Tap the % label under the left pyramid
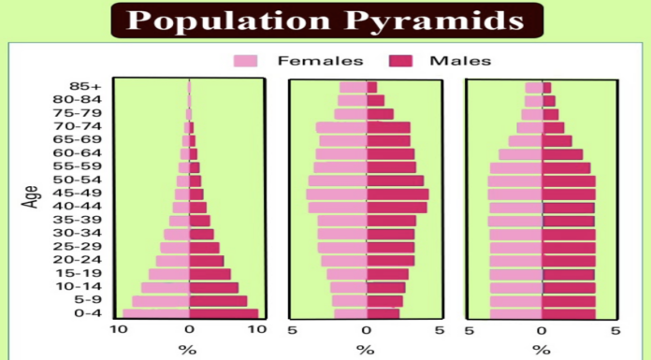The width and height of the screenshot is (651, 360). click(x=188, y=350)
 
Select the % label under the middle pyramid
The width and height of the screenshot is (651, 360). click(x=366, y=350)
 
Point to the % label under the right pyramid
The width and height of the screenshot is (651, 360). click(x=542, y=350)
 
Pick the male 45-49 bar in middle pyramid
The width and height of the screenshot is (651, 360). click(x=397, y=194)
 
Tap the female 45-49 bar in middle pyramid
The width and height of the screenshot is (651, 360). click(x=336, y=194)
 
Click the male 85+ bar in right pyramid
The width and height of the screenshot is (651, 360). click(x=546, y=88)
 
